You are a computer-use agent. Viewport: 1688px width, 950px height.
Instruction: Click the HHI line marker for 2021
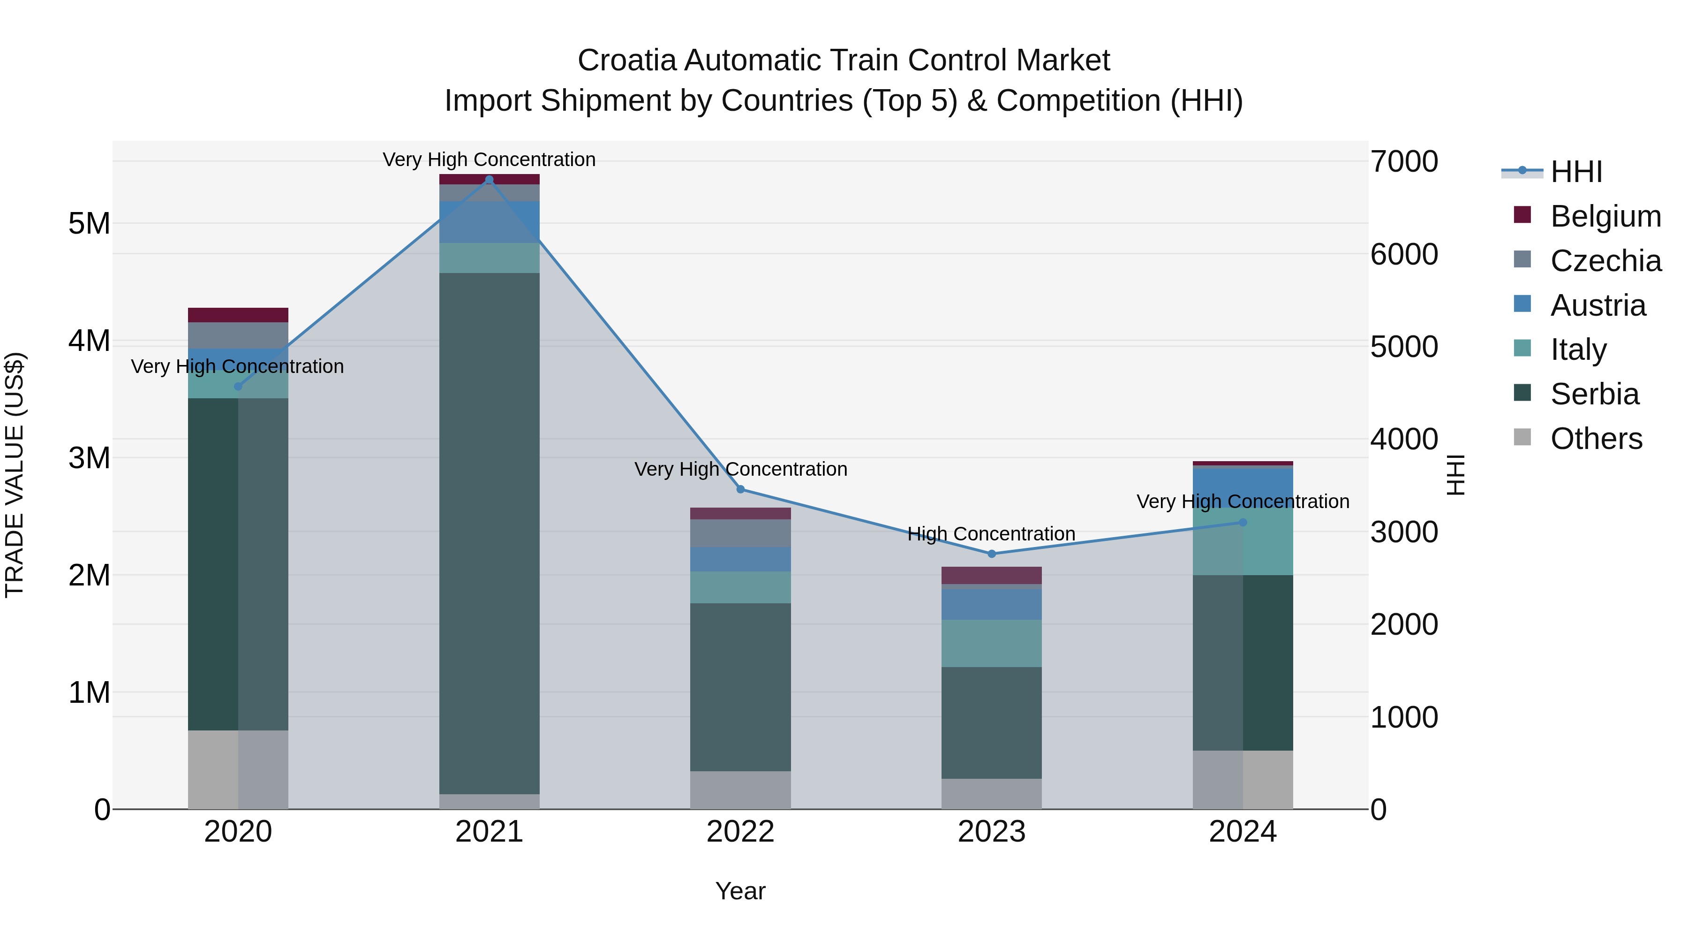pos(489,180)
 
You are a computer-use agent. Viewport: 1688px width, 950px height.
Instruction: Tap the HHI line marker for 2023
pos(991,554)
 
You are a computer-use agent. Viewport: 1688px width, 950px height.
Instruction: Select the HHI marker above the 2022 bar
pos(740,489)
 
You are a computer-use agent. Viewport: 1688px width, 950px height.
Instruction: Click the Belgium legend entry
pos(1605,216)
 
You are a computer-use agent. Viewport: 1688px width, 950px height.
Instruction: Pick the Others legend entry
pos(1596,439)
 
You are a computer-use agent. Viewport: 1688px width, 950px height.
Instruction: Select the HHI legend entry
pos(1576,172)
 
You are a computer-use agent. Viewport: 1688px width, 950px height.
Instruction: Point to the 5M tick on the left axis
pos(90,224)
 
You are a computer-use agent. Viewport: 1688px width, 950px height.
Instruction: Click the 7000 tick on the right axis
pos(1404,161)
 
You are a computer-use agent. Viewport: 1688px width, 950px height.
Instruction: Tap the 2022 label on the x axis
pos(740,832)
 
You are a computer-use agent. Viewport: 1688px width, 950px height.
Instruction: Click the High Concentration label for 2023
pos(991,534)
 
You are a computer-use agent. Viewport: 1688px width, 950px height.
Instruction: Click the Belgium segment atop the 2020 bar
pos(238,315)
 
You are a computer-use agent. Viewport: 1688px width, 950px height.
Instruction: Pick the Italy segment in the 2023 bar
pos(991,643)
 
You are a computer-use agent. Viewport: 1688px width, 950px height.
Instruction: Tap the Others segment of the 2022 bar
pos(740,790)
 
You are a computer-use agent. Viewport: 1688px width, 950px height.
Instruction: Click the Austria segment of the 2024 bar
pos(1243,487)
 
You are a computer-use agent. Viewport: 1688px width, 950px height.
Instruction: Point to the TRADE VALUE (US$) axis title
pos(15,475)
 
